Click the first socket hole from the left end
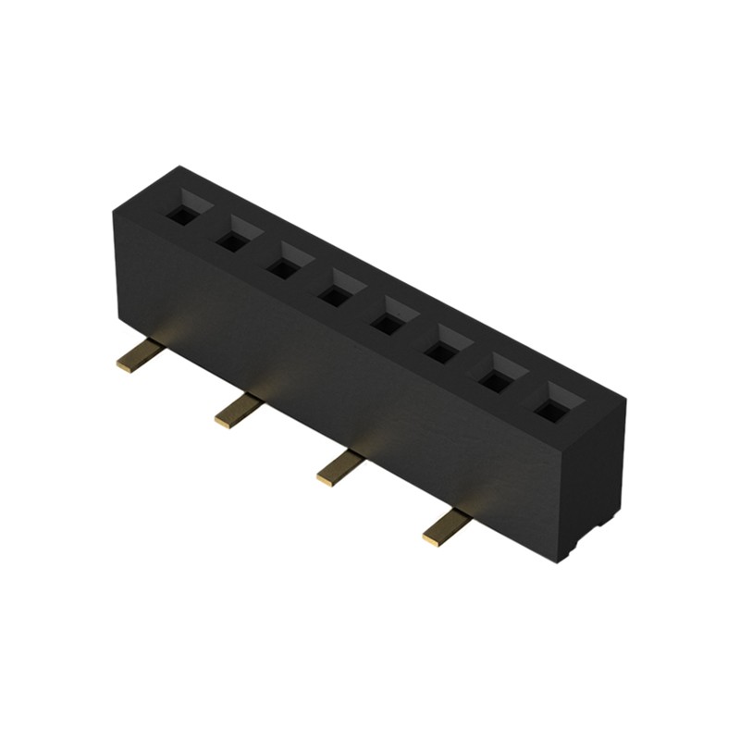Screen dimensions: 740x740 pos(181,214)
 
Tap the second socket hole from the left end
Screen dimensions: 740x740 pos(232,240)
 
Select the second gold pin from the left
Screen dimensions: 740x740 pos(237,410)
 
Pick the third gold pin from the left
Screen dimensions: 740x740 pos(339,466)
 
